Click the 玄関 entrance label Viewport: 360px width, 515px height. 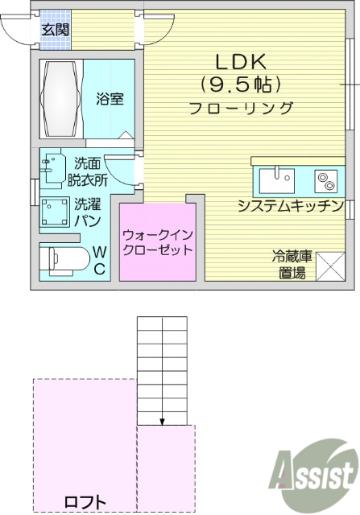(56, 31)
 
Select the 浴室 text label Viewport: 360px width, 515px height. (110, 99)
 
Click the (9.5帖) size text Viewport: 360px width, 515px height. (240, 84)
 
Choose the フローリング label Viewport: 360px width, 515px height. (240, 109)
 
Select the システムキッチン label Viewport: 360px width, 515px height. (291, 206)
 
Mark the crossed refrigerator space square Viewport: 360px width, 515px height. (331, 266)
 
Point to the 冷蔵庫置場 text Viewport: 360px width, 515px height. (292, 265)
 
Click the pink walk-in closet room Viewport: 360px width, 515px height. (158, 241)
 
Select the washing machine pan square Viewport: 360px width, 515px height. (54, 212)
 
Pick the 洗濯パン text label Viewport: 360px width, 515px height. (87, 212)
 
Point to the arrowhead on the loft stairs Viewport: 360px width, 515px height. (163, 421)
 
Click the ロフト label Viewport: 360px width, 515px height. (85, 501)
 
